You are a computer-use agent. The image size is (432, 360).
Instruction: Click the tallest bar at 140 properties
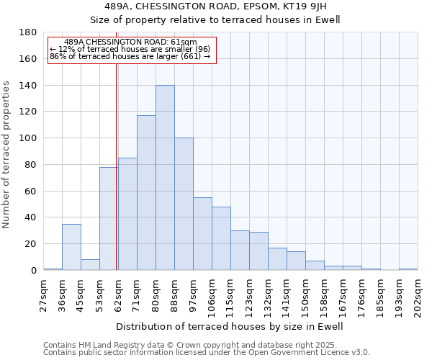(165, 178)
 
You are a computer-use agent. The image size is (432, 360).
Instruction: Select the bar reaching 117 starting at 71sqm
(146, 193)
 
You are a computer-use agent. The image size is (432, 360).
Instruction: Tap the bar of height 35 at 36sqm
(71, 247)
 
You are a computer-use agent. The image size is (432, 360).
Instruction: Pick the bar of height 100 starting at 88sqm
(184, 204)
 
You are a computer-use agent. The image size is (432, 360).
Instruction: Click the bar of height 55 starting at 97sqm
(202, 234)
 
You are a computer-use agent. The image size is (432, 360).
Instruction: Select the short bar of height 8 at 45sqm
(90, 265)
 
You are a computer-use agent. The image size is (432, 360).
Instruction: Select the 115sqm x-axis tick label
(230, 295)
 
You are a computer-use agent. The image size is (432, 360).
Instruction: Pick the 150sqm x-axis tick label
(305, 295)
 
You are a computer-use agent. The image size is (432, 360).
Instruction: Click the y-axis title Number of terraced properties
(7, 155)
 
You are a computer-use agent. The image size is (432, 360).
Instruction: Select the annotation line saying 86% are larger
(130, 56)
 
